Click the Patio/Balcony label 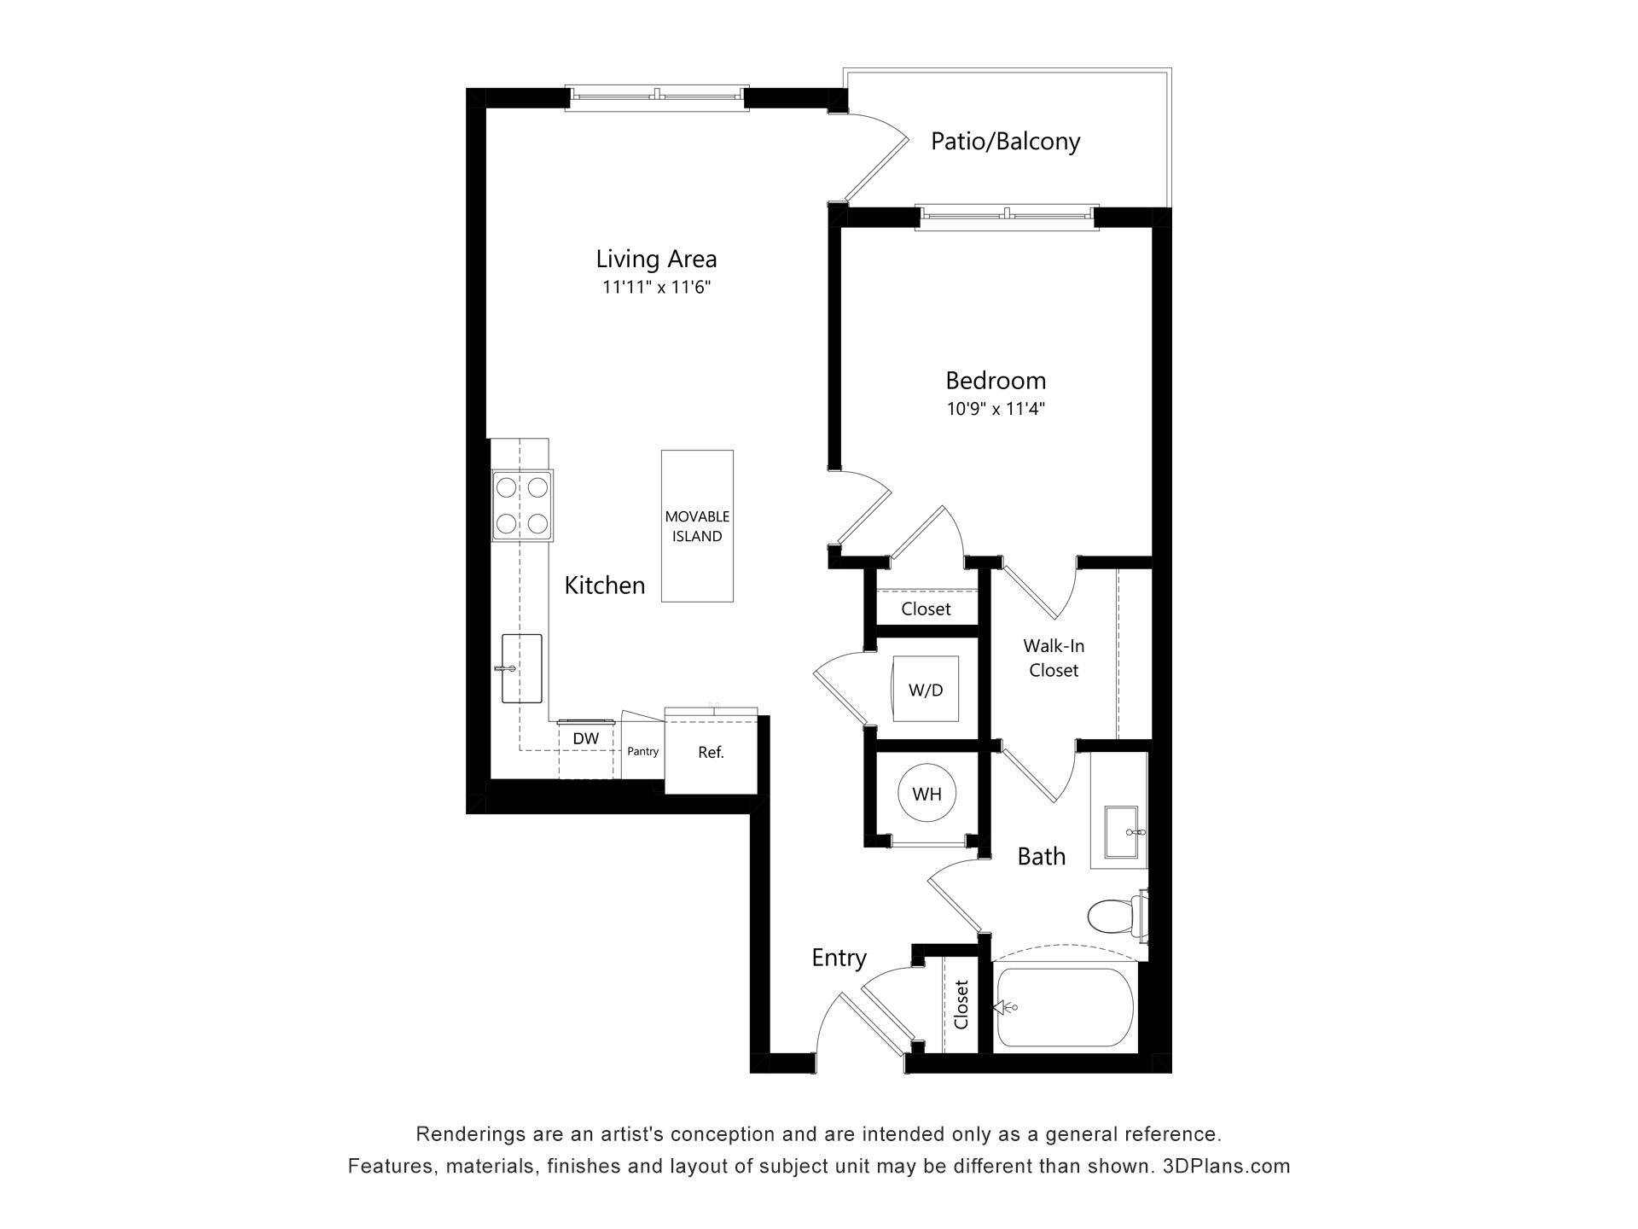point(1005,141)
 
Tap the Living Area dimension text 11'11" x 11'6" point(656,288)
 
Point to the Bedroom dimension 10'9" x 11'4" point(996,409)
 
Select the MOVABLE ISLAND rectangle point(697,526)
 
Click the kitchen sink point(521,668)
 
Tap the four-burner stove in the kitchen point(522,504)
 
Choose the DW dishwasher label point(585,738)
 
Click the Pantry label point(642,751)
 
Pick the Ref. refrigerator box point(711,753)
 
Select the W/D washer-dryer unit point(926,690)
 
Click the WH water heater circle point(926,795)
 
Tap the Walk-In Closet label point(1054,658)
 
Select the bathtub point(1066,1007)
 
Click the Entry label point(839,958)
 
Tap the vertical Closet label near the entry point(961,1005)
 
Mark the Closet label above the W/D point(926,609)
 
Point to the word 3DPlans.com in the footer point(1226,1166)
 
